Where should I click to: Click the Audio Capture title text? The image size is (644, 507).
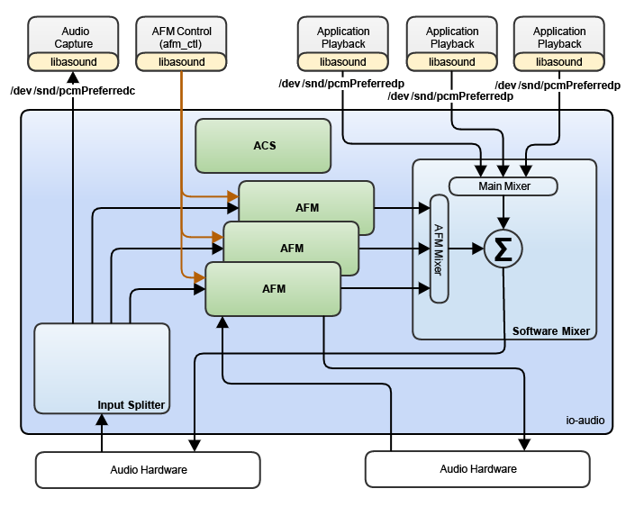(74, 38)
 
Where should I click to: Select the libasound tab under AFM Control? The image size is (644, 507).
(181, 62)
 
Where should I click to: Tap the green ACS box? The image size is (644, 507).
(264, 146)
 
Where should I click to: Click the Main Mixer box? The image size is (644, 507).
(503, 186)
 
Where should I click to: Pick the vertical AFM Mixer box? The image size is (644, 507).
(440, 248)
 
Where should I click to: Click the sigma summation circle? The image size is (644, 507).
(503, 249)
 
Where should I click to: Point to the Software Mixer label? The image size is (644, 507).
(550, 331)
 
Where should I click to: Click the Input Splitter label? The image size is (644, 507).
(132, 405)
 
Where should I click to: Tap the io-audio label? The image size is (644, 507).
(585, 421)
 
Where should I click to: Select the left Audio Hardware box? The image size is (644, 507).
(148, 469)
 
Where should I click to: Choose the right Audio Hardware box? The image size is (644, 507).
(477, 469)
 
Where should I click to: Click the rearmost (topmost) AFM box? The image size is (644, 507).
(306, 207)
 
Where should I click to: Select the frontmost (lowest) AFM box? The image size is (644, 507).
(274, 289)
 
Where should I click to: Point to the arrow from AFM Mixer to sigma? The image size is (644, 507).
(467, 249)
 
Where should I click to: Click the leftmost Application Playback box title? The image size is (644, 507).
(343, 38)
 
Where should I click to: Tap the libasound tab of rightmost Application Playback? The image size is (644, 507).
(559, 62)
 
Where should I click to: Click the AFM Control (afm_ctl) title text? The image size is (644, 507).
(181, 38)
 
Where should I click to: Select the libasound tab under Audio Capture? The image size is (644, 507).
(74, 62)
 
